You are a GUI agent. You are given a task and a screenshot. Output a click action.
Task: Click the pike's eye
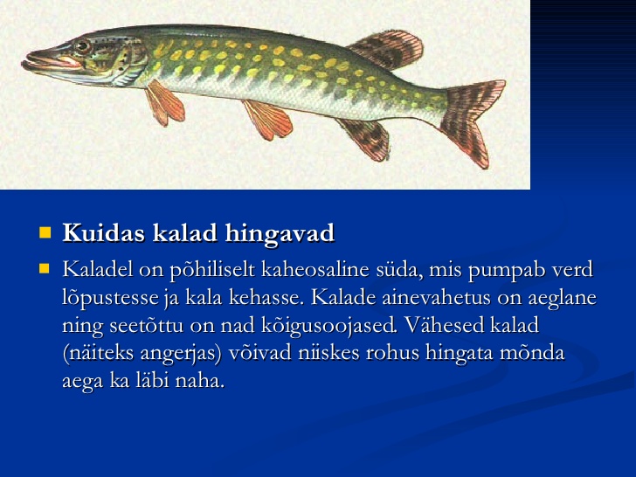[x=83, y=45]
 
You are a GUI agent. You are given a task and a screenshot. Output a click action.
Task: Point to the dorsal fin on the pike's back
[x=387, y=49]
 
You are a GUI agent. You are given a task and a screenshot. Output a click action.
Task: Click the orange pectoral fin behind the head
[x=164, y=102]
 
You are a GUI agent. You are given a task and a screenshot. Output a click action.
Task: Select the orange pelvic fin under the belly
[x=267, y=119]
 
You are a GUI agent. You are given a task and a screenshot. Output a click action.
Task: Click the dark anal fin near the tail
[x=365, y=139]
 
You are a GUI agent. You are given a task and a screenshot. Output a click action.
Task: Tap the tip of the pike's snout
[x=24, y=64]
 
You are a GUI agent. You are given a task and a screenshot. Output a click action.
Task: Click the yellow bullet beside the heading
[x=45, y=232]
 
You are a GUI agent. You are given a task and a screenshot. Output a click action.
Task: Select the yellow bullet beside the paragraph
[x=45, y=268]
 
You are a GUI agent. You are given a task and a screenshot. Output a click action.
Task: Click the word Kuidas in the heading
[x=103, y=232]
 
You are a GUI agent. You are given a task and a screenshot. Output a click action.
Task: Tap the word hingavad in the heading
[x=280, y=234]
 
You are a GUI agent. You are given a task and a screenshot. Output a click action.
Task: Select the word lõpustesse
[x=110, y=299]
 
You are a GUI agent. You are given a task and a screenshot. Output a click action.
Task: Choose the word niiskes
[x=329, y=353]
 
